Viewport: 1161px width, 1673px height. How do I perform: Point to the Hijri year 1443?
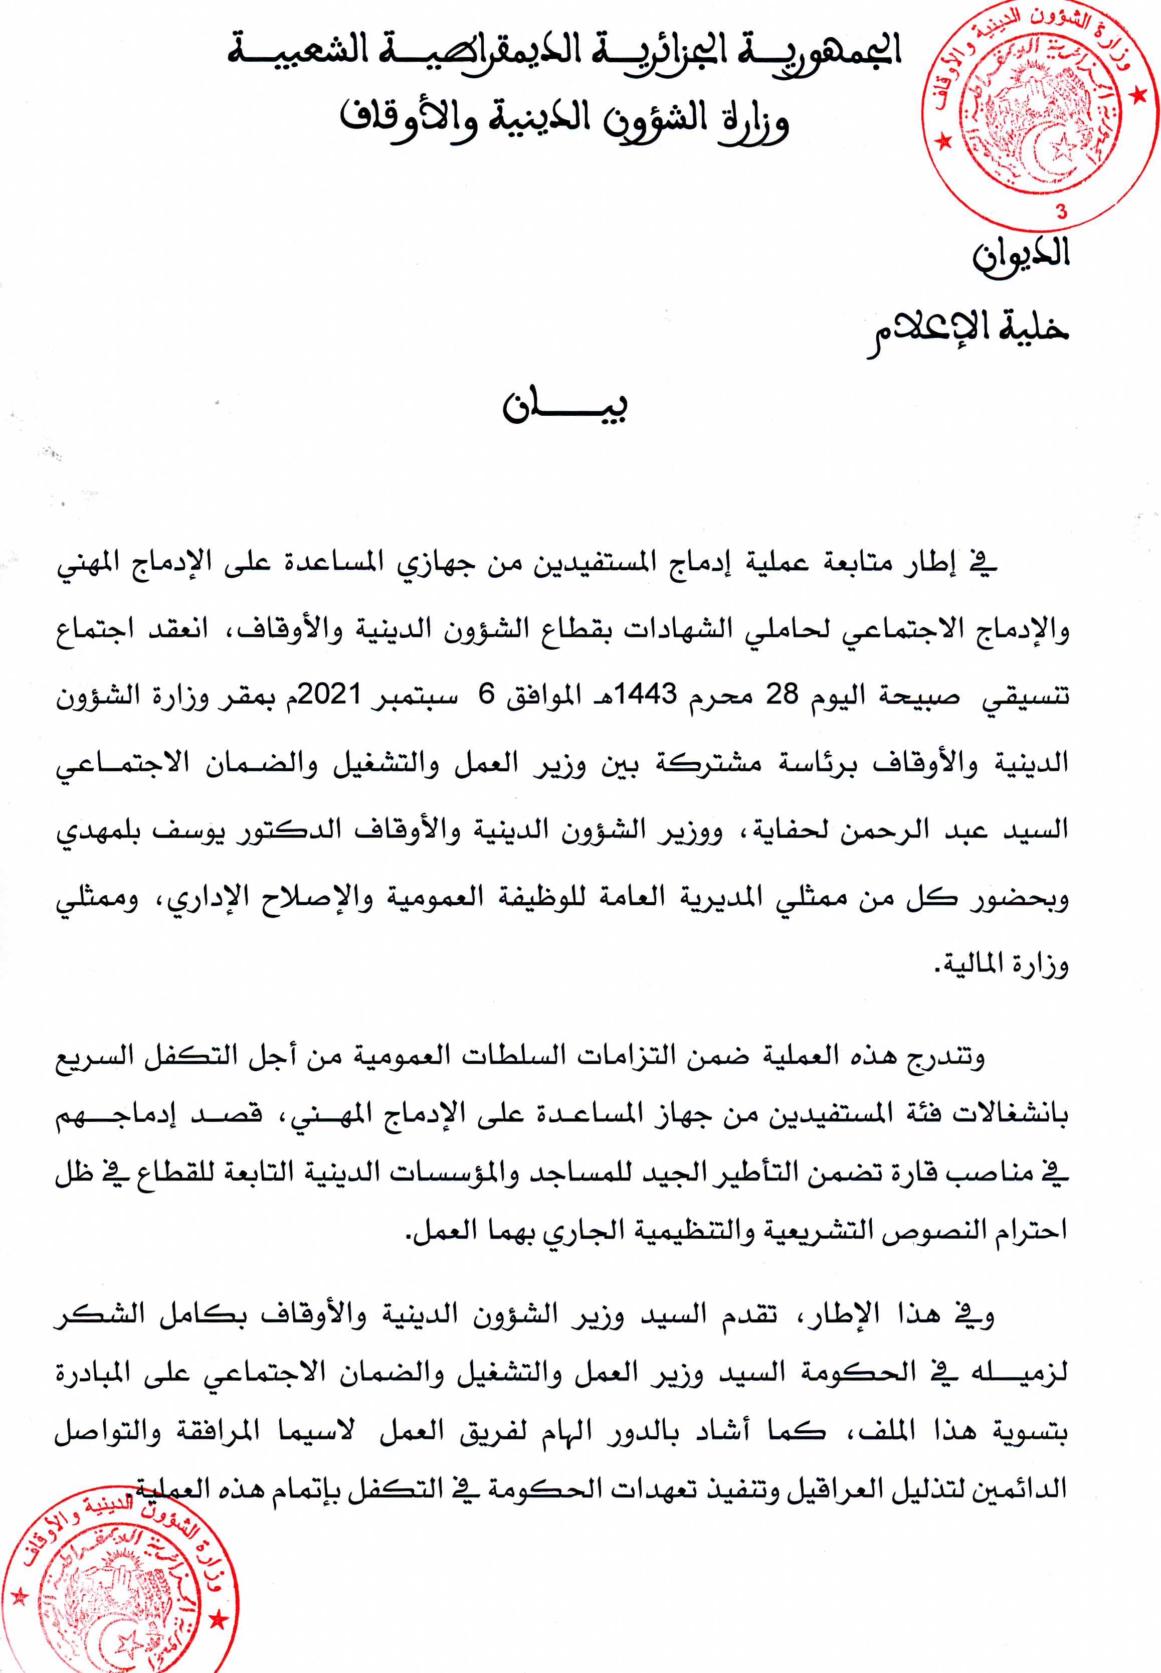(647, 694)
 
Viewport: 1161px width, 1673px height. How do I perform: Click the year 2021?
(331, 694)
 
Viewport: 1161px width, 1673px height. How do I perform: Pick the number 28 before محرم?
(783, 694)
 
